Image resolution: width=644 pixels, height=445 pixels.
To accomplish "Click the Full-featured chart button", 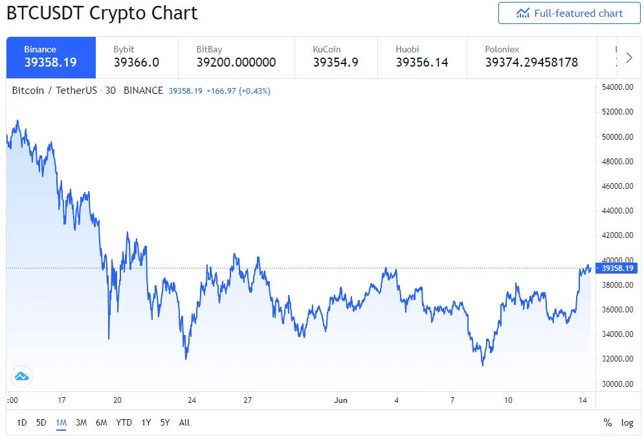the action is click(x=570, y=13).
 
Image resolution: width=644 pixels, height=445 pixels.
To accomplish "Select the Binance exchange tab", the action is click(x=51, y=58).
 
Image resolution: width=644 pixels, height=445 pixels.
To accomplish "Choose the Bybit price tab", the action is click(x=137, y=58).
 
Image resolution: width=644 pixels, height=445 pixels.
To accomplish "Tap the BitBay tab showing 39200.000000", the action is click(x=236, y=58).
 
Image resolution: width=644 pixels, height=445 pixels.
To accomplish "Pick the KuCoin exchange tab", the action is click(x=336, y=58).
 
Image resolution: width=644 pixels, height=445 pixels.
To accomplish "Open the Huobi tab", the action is click(x=422, y=58).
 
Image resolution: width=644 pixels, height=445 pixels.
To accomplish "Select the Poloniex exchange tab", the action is click(x=531, y=58).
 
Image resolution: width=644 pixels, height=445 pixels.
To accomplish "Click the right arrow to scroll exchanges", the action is click(x=629, y=58).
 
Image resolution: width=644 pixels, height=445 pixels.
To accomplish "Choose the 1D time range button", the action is click(x=22, y=422).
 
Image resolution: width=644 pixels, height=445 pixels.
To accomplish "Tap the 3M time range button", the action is click(x=82, y=422).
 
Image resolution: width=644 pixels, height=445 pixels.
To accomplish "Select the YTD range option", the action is click(x=124, y=422).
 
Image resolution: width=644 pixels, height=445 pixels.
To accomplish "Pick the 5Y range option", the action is click(x=165, y=422).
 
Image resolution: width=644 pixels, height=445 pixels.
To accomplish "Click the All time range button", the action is click(x=184, y=422).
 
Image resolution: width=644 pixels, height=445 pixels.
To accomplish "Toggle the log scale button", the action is click(x=627, y=422).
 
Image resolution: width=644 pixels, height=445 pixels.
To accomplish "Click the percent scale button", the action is click(x=608, y=422).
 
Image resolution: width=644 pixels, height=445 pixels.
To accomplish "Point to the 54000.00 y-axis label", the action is click(x=617, y=87).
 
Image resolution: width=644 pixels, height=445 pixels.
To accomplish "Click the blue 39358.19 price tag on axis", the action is click(x=617, y=268).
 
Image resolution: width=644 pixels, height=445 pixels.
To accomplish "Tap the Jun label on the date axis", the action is click(x=340, y=400).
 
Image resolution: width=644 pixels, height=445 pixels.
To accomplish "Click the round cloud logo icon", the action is click(x=21, y=376).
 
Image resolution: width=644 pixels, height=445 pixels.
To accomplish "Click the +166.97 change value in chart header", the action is click(x=221, y=91).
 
